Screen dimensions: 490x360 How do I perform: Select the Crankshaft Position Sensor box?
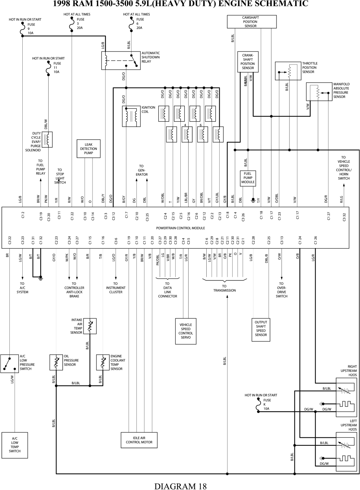[248, 62]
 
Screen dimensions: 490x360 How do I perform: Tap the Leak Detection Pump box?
[89, 149]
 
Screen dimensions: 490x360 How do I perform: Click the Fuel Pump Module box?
[248, 178]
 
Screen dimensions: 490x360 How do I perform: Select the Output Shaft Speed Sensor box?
[261, 329]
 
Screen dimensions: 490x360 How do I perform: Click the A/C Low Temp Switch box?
[15, 445]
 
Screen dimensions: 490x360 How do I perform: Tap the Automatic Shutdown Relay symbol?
[121, 60]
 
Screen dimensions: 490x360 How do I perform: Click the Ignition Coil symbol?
[131, 116]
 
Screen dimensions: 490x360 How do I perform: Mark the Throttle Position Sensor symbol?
[288, 71]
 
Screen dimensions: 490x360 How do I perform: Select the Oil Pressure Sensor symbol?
[56, 362]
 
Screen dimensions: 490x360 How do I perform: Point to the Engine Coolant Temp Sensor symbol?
[103, 362]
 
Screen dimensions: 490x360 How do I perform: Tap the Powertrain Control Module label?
[180, 228]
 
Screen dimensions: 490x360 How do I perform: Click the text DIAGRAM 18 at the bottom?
[180, 486]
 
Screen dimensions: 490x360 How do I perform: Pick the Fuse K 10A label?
[267, 404]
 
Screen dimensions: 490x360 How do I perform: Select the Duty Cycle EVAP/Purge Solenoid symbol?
[47, 139]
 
